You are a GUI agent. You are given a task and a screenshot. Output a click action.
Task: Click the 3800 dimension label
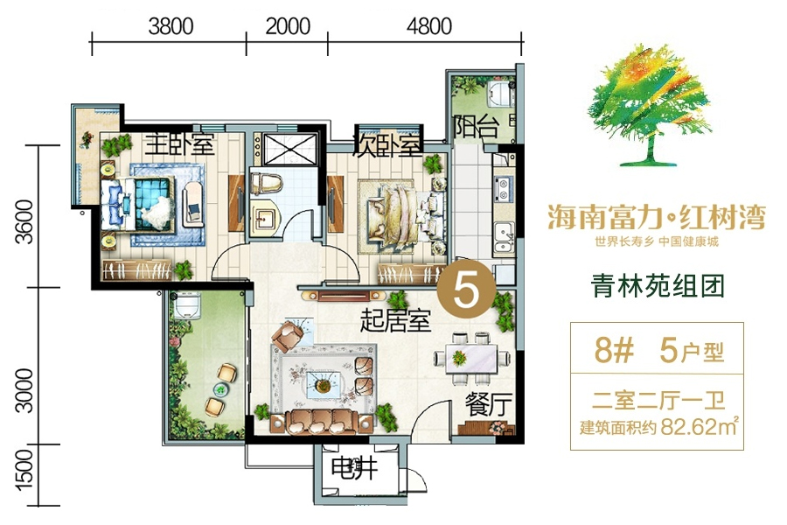(x=171, y=26)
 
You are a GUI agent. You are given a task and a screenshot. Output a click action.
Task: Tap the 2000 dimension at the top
(x=288, y=26)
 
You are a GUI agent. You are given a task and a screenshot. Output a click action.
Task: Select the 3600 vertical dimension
(x=26, y=224)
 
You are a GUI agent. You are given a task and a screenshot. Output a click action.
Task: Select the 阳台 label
(x=477, y=129)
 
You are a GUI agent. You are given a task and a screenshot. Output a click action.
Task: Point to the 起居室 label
(x=395, y=321)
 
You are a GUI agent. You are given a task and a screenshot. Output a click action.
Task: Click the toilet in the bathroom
(x=264, y=184)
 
